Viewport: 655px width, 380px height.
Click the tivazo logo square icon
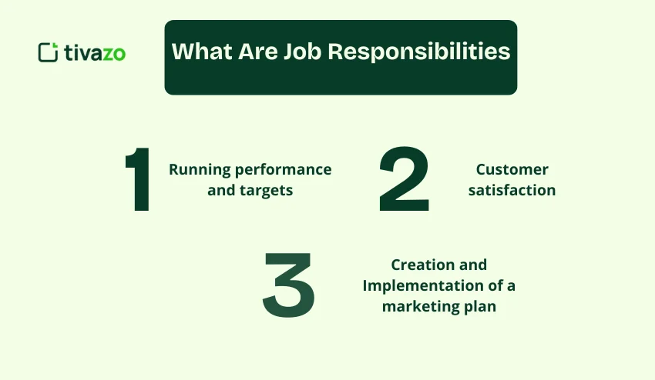(48, 52)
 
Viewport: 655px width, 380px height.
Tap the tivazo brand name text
(95, 53)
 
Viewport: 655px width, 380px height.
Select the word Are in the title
(257, 52)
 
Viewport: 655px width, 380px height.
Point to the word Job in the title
(302, 52)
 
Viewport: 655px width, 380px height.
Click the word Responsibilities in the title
(419, 52)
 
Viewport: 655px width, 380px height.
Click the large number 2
(404, 179)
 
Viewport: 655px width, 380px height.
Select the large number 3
(289, 285)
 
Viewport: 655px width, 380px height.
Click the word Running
(200, 170)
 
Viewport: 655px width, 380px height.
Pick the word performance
(284, 170)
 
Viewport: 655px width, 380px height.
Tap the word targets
(266, 191)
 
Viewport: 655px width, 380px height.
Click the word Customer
(512, 169)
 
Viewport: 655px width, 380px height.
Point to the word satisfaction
(512, 190)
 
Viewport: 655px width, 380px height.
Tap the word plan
(480, 307)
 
